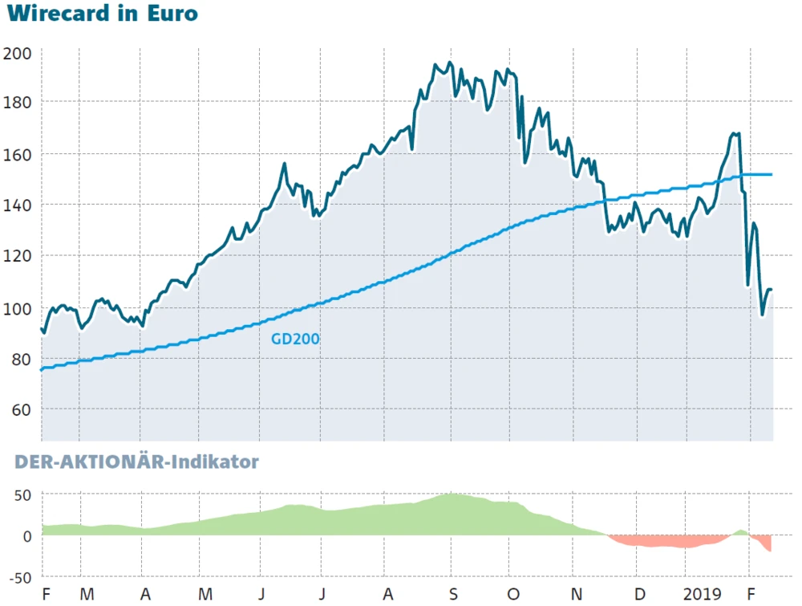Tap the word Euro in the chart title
point(172,14)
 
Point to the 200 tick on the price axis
point(17,54)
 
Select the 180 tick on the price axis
point(17,103)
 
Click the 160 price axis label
point(17,154)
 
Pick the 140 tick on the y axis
point(17,205)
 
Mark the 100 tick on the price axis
point(17,308)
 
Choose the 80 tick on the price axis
point(20,359)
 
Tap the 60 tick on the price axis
point(20,410)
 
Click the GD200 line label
point(295,339)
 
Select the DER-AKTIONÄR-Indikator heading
point(137,462)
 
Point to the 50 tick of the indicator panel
point(22,494)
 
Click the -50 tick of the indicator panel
point(18,577)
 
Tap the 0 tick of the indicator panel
point(26,535)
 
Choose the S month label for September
point(453,595)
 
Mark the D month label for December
point(638,595)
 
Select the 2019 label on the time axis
point(703,595)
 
